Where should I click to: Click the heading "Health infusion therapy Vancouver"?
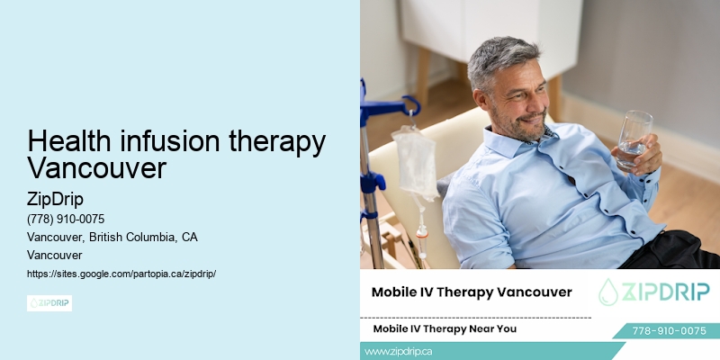coord(176,155)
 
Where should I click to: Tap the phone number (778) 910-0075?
coord(67,219)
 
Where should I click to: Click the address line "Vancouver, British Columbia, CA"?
coord(112,237)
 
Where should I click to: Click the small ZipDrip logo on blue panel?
coord(49,303)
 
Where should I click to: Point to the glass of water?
coord(634,139)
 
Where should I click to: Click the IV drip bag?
coord(414,162)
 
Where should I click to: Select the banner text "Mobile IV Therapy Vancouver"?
coord(472,292)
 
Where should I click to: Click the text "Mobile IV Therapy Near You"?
coord(445,328)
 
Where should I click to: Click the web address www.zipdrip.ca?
coord(399,352)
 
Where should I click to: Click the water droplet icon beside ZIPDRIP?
coord(610,291)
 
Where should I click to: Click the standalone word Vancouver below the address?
coord(55,255)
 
